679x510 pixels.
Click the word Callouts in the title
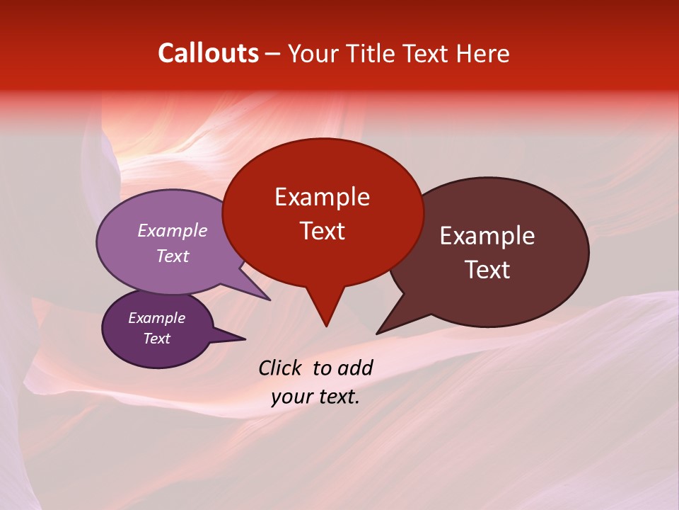[208, 53]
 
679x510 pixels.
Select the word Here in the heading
[482, 53]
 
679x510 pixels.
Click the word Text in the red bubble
[322, 231]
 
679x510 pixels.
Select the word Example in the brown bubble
[487, 235]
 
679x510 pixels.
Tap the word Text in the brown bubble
[487, 270]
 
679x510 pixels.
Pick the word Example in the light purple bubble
[172, 230]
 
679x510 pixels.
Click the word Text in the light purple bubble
[172, 256]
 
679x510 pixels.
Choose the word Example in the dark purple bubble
[156, 318]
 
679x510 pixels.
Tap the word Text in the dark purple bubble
[156, 339]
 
